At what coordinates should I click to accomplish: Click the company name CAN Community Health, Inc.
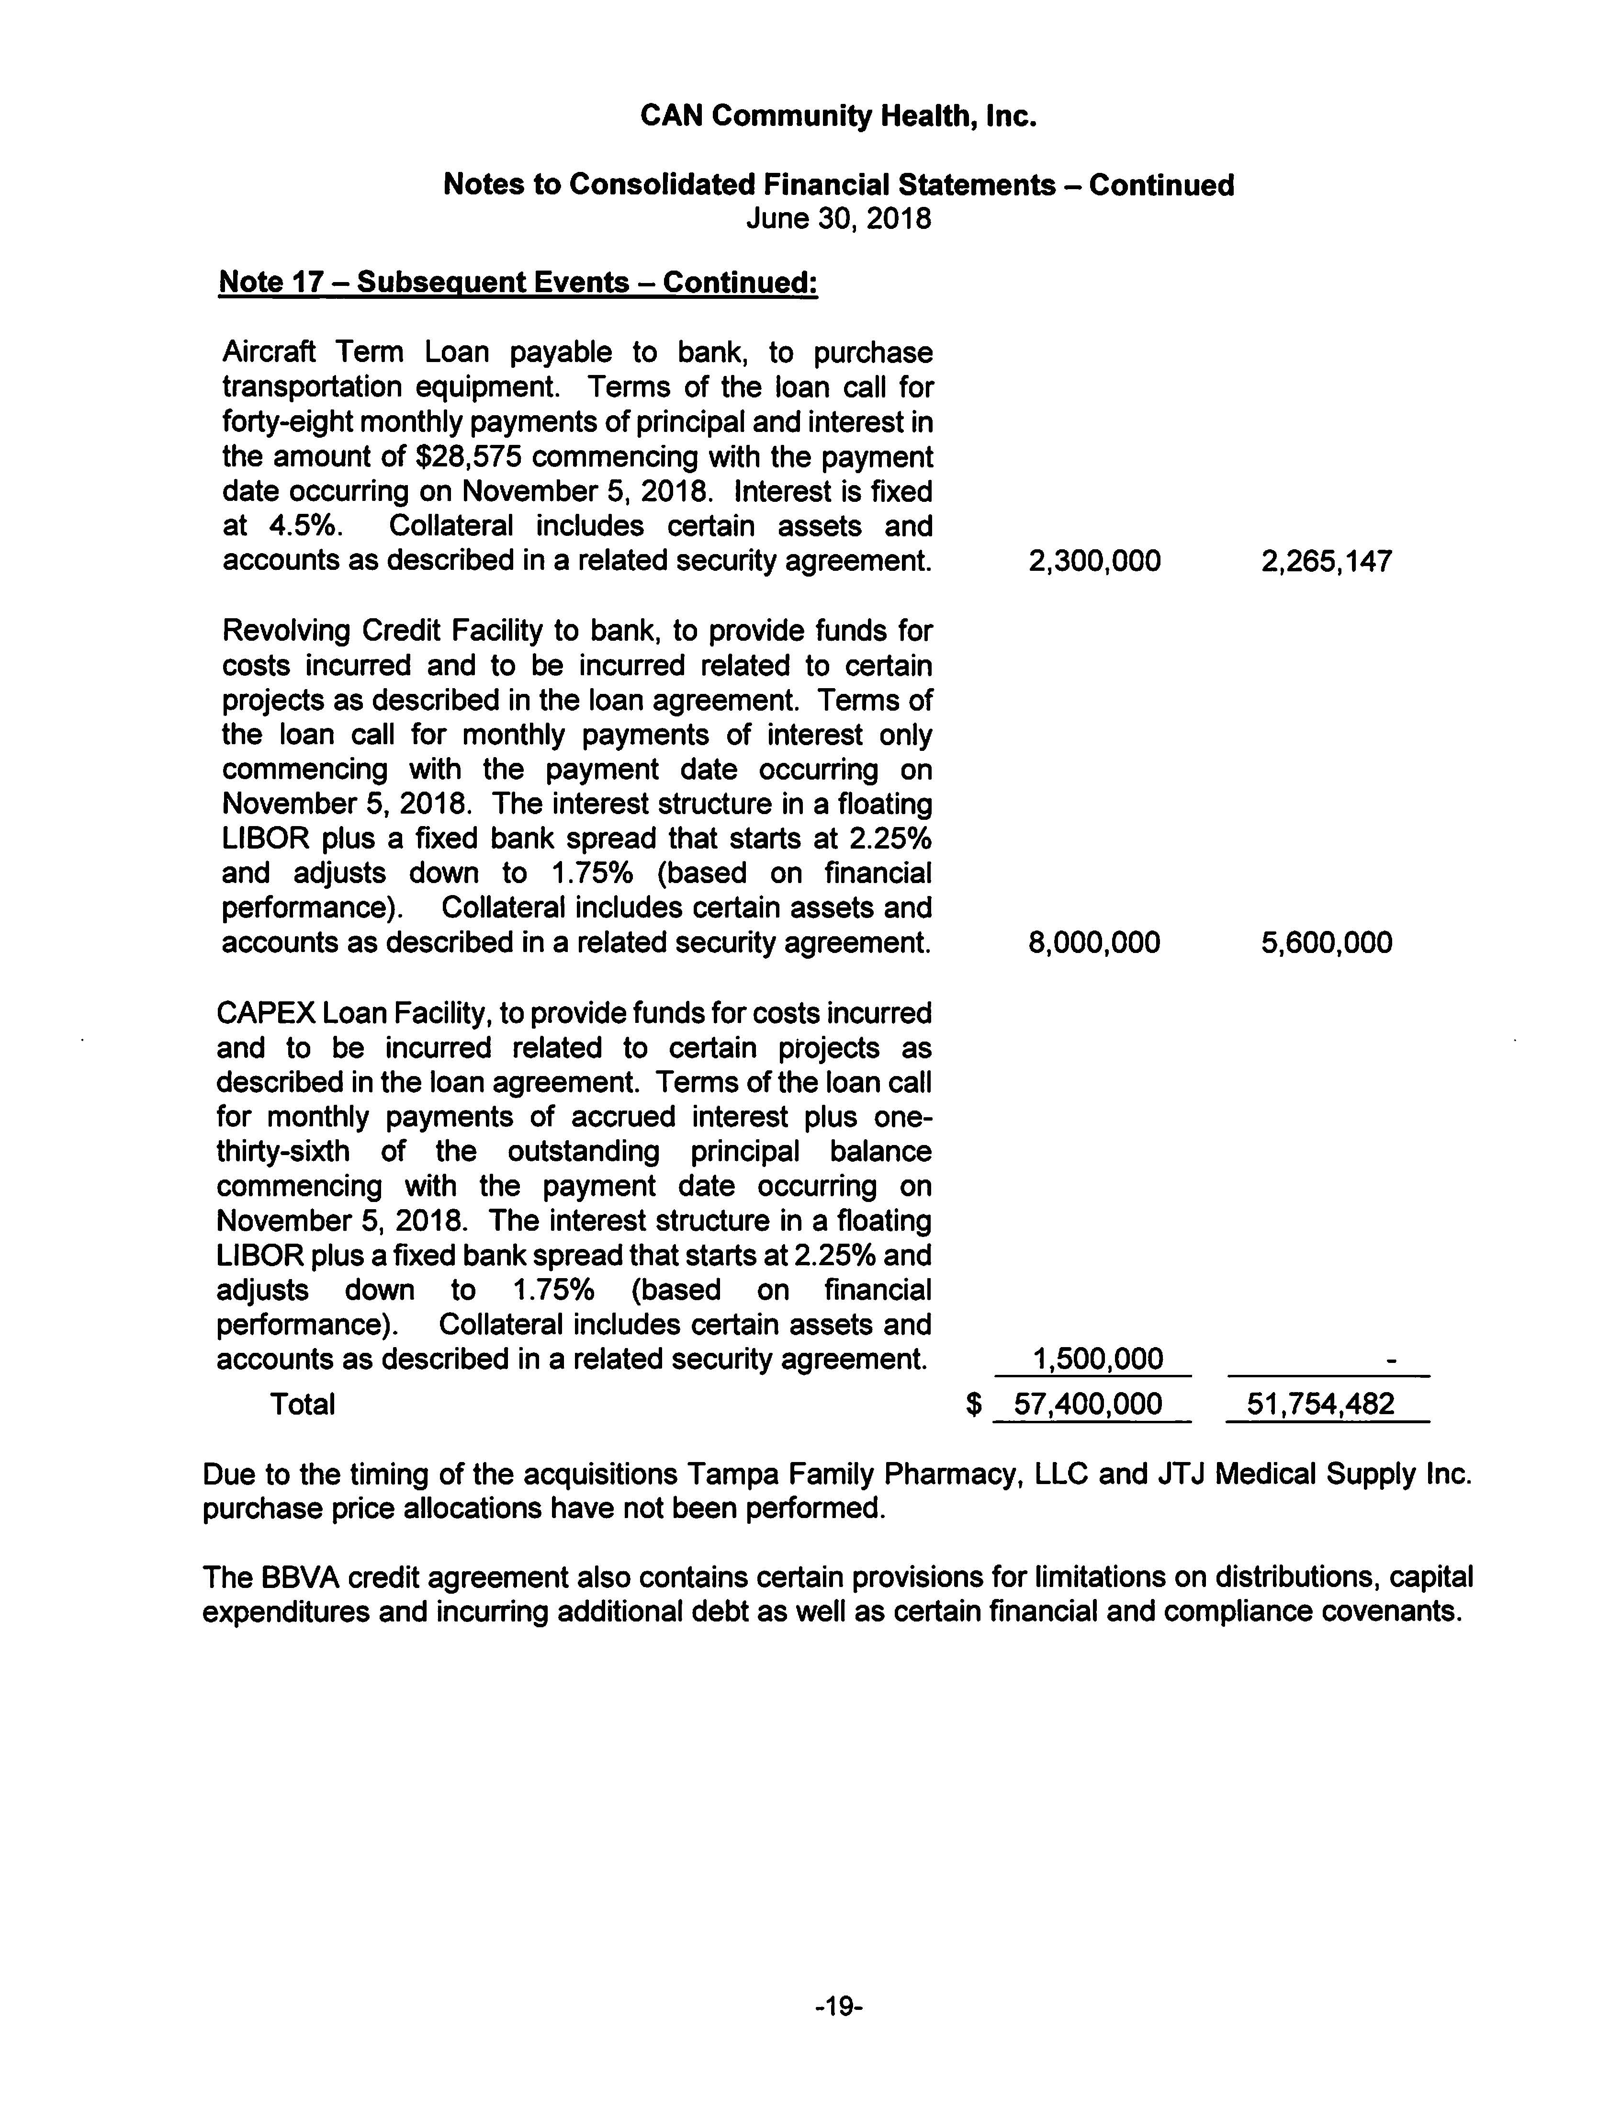(x=837, y=117)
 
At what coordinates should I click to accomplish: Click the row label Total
(x=302, y=1404)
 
